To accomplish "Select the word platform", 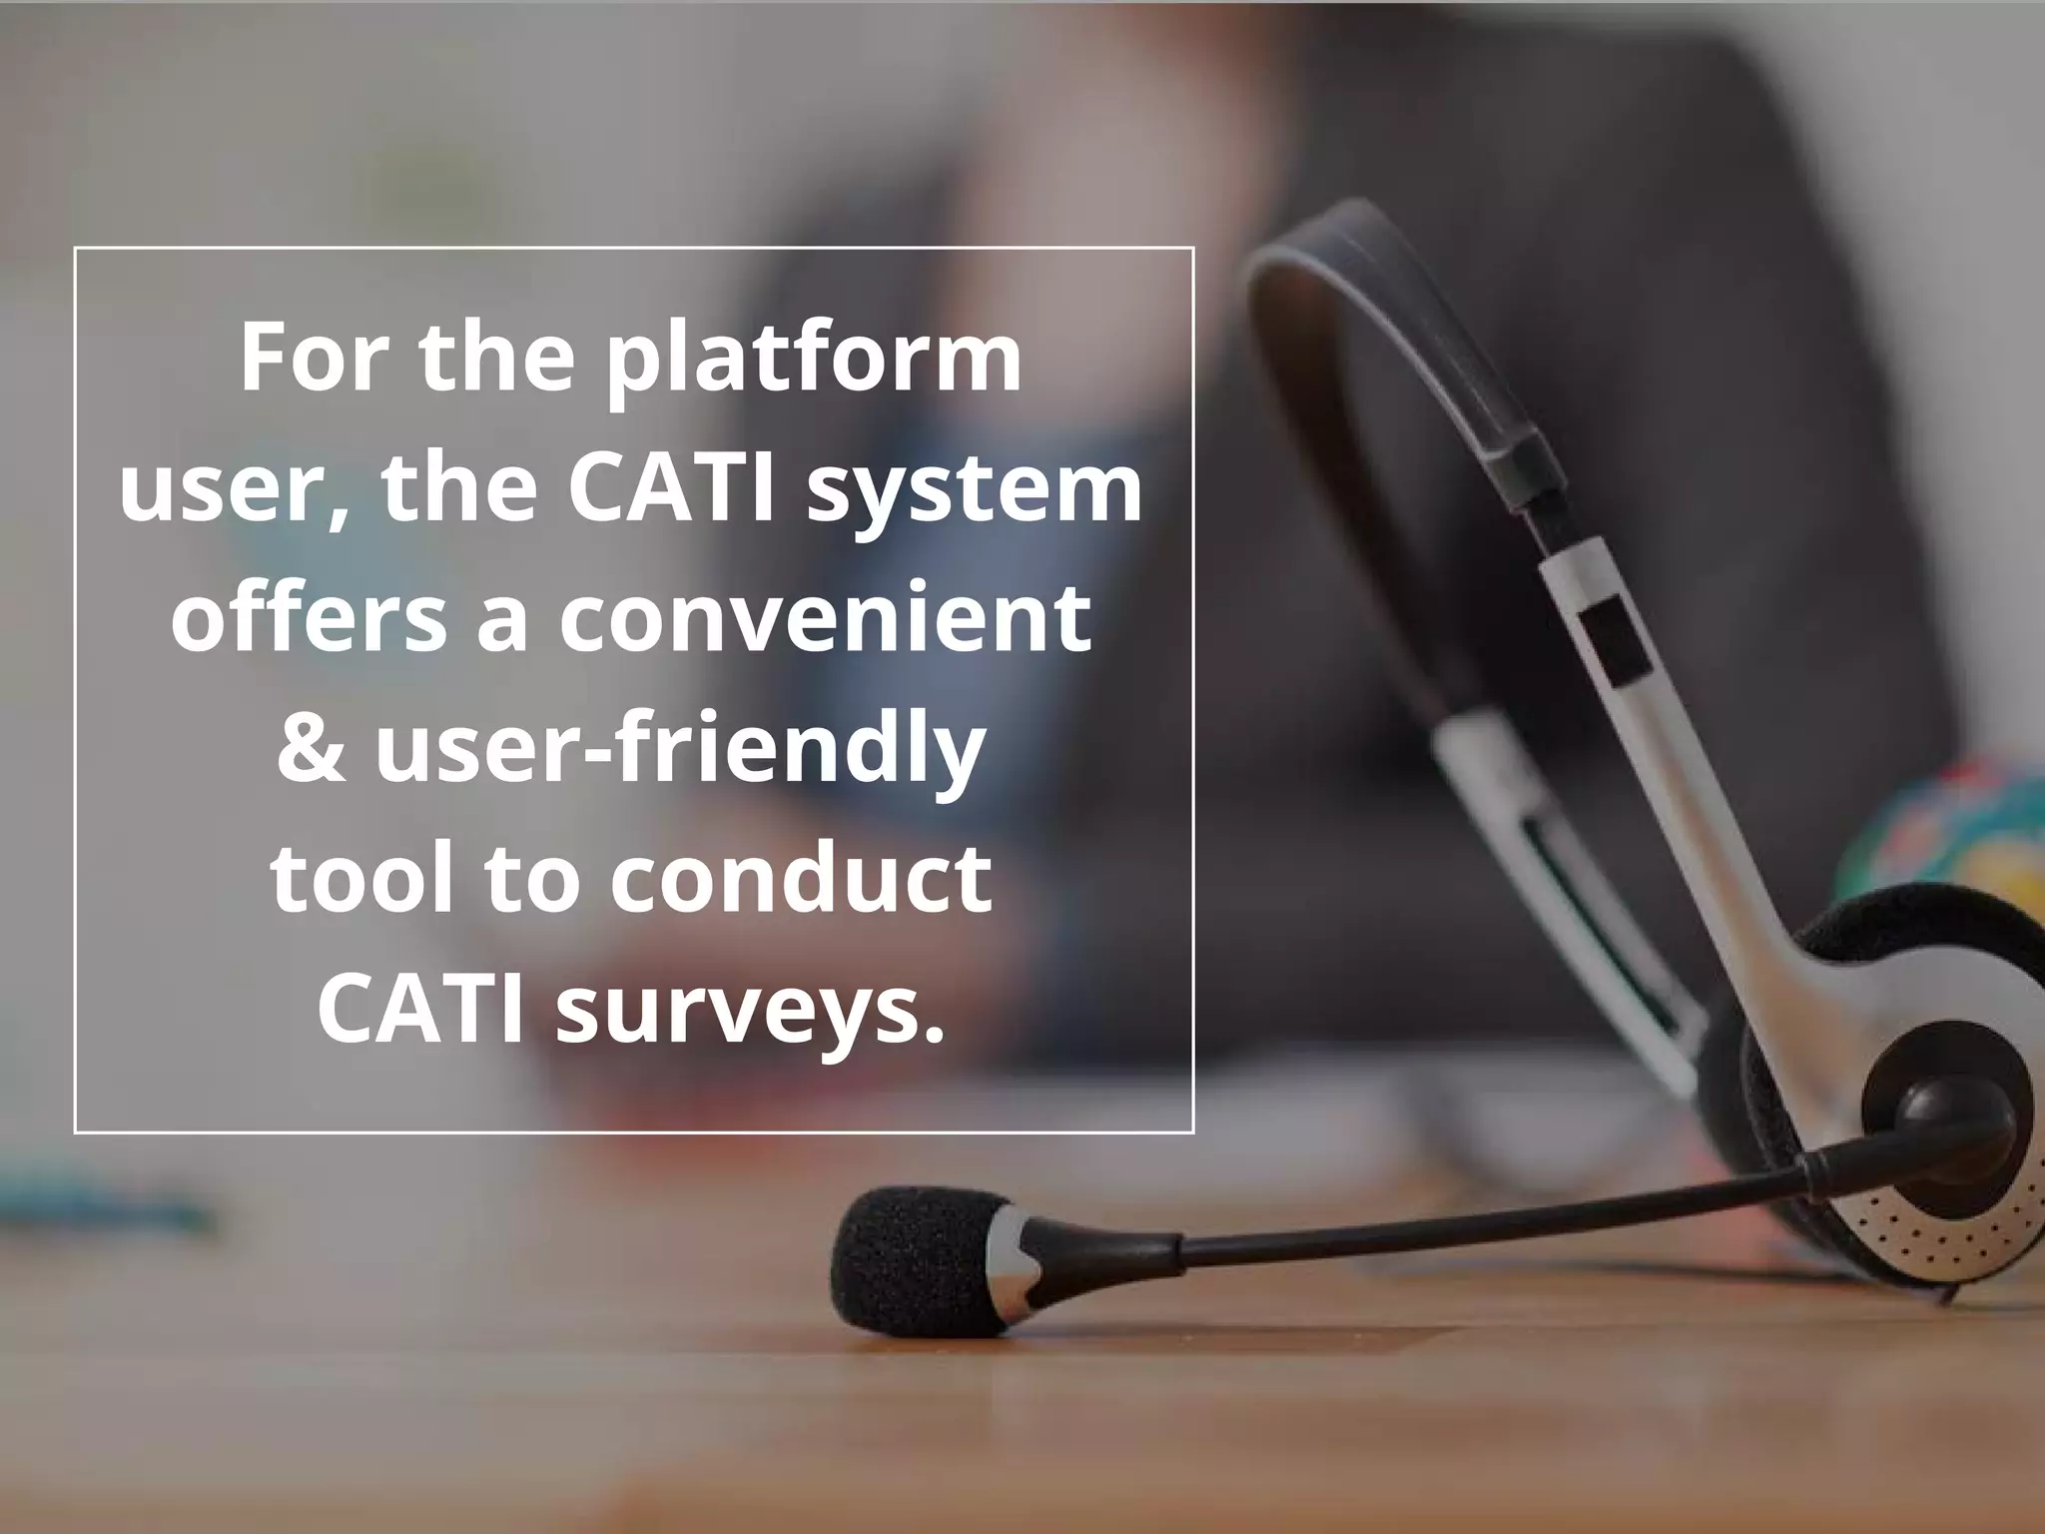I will (x=814, y=362).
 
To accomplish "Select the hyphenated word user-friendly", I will (x=680, y=751).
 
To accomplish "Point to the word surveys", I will (x=749, y=1011).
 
